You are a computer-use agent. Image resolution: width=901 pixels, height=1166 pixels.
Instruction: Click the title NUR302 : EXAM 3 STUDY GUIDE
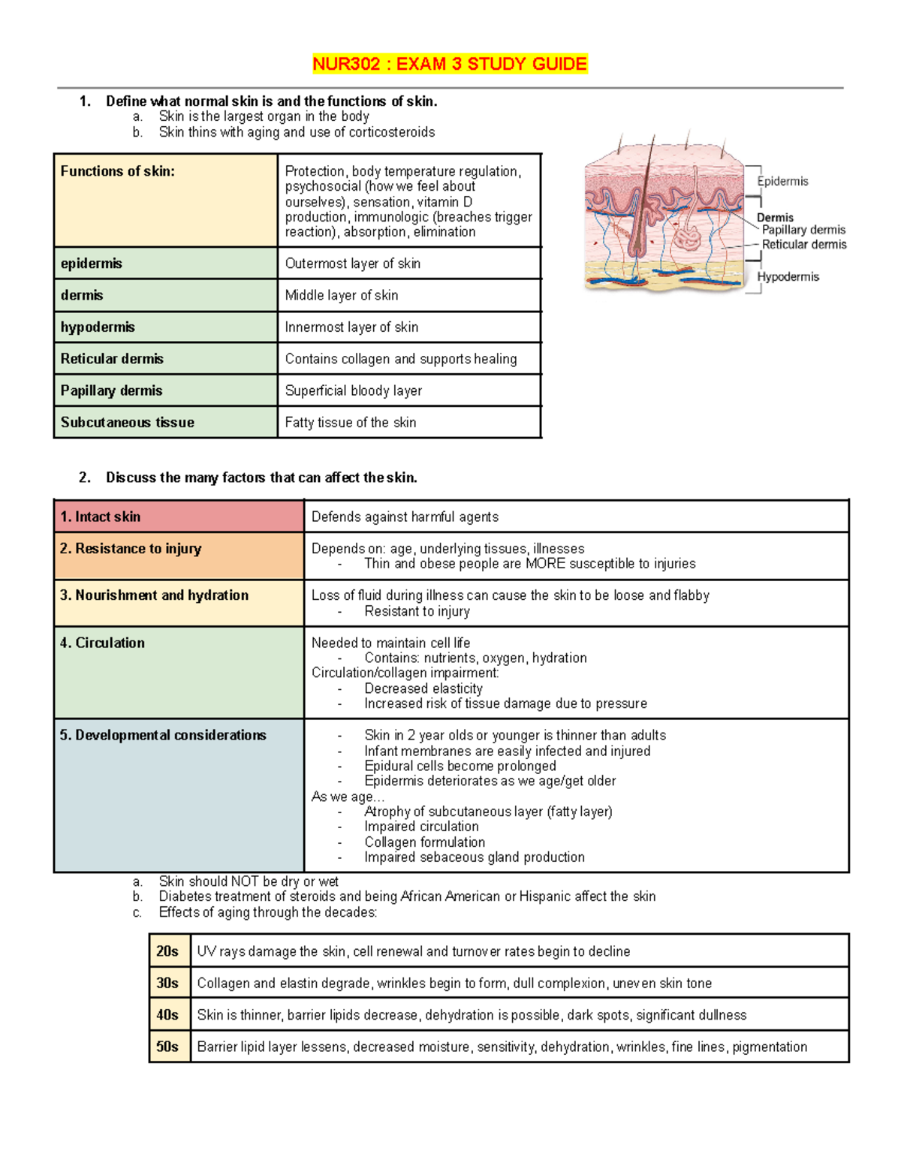(450, 64)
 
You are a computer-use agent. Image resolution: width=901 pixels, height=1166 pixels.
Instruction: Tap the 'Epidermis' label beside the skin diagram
(782, 181)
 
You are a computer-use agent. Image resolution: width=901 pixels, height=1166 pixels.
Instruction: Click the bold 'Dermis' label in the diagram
(775, 217)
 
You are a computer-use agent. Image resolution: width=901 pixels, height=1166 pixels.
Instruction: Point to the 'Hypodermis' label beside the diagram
(788, 276)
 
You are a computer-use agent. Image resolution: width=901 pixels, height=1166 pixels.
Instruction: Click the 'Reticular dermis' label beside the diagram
(803, 244)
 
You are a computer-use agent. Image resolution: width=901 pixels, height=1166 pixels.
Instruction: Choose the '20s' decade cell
(167, 951)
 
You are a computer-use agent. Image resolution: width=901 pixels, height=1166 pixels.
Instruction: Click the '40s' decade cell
(167, 1015)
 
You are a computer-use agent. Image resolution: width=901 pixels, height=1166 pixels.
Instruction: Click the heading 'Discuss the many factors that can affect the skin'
(261, 478)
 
